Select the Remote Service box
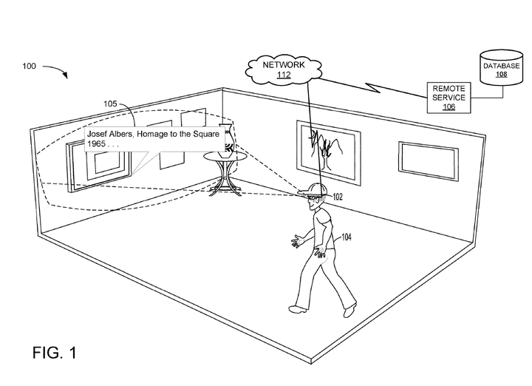(449, 97)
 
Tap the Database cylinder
(501, 70)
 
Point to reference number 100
(30, 67)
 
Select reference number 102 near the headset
(338, 197)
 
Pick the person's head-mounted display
(313, 193)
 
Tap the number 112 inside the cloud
(284, 76)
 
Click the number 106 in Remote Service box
(449, 106)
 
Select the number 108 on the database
(500, 74)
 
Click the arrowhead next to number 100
(66, 75)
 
